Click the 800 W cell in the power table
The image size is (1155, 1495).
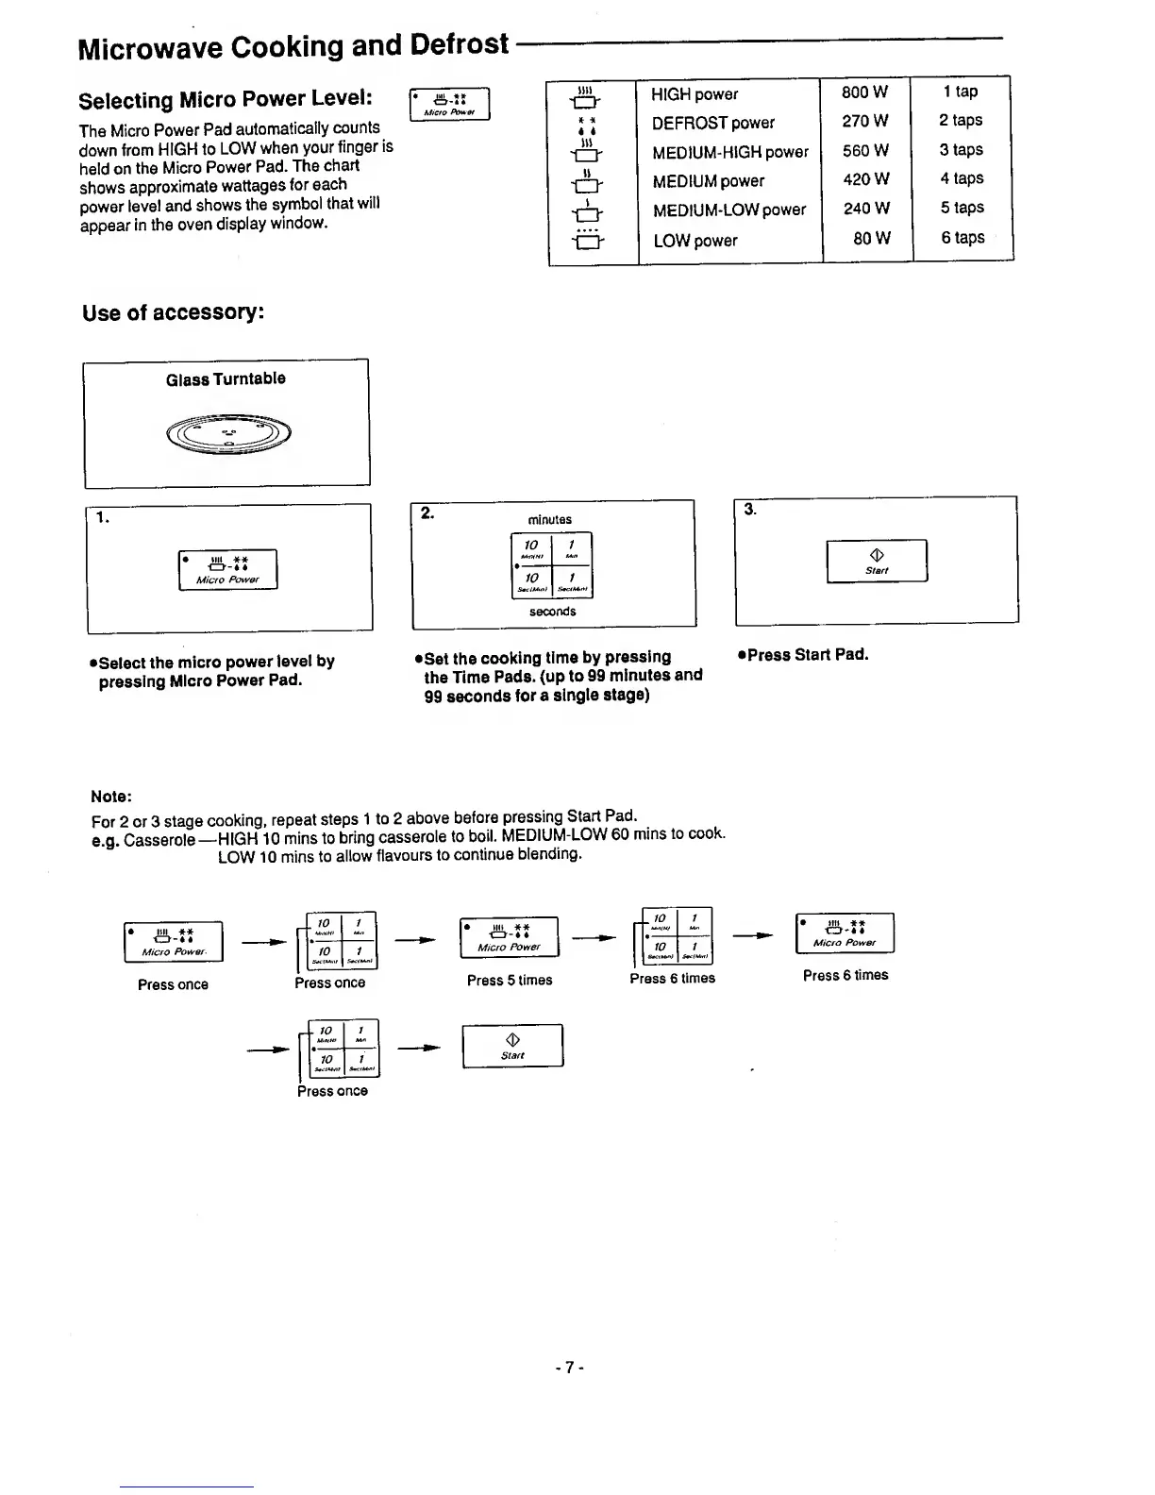coord(865,92)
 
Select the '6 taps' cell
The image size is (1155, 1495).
coord(962,238)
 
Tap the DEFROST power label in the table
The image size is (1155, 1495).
coord(712,123)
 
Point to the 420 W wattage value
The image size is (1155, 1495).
coord(865,179)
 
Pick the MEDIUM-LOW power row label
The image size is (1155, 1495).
coord(728,210)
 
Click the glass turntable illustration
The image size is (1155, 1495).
coord(228,433)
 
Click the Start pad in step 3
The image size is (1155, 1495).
coord(877,562)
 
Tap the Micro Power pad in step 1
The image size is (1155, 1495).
coord(227,569)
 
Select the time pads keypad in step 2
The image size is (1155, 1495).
coord(552,565)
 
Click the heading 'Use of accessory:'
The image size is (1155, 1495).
coord(172,312)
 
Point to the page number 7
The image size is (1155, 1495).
coord(570,1367)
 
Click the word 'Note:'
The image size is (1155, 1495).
coord(110,797)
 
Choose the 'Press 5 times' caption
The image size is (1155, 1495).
coord(510,981)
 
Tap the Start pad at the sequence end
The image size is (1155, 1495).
coord(512,1046)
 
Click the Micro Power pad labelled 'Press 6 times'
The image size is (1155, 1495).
coord(845,933)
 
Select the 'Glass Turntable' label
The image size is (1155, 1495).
coord(226,379)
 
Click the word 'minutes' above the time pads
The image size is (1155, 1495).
coord(550,520)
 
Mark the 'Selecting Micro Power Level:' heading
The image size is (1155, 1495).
coord(225,100)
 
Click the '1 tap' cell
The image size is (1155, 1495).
coord(961,92)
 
